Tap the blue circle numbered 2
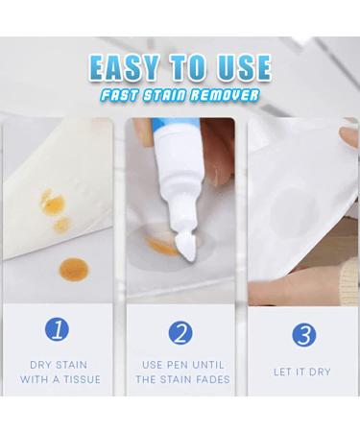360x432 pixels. [180, 332]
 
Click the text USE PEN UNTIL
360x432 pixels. [180, 365]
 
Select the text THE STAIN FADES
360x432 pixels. [180, 380]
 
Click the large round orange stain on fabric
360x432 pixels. [70, 266]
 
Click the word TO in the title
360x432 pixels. [190, 68]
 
